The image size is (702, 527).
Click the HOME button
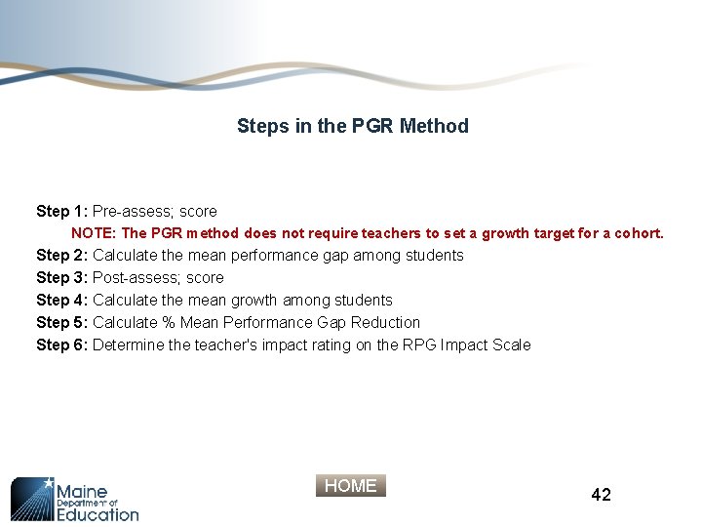[351, 486]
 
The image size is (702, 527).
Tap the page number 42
[602, 495]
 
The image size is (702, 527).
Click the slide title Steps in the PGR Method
[352, 126]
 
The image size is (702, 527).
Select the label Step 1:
[62, 211]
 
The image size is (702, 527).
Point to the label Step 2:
[62, 256]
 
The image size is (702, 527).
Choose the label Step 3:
[62, 278]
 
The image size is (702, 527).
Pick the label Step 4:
[62, 301]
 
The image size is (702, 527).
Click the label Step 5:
[62, 323]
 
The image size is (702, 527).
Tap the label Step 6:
[62, 345]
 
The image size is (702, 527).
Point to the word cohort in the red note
[639, 234]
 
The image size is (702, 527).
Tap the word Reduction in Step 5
[385, 323]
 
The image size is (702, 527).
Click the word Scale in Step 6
[511, 345]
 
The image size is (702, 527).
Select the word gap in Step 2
[334, 257]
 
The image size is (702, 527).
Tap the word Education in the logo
[97, 513]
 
